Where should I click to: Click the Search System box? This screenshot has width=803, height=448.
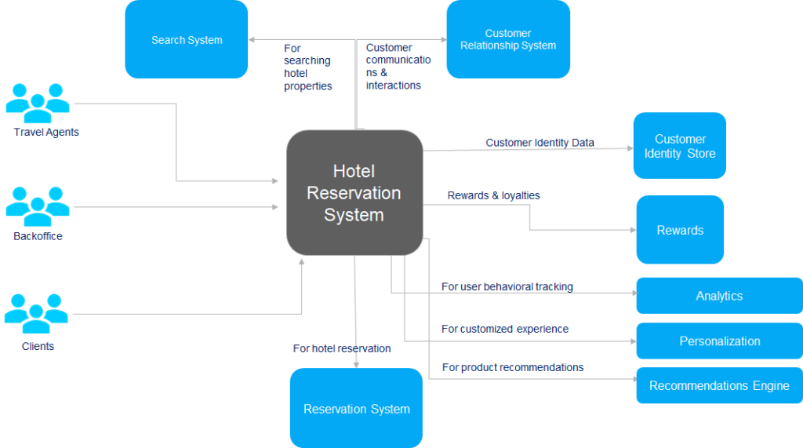(187, 39)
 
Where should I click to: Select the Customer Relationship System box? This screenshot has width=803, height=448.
(508, 39)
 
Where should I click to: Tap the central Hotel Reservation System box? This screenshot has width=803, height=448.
(354, 193)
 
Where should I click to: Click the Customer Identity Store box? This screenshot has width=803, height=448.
(680, 146)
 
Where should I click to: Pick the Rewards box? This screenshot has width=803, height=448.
(680, 230)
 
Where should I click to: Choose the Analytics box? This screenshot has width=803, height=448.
(719, 296)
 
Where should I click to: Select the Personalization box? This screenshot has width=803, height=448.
(719, 341)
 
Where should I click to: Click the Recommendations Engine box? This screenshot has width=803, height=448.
(719, 386)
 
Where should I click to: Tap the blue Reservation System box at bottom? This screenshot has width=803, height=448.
(356, 408)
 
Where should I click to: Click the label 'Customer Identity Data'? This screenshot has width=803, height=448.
(540, 143)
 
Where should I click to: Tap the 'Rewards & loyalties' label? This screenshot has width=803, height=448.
(493, 195)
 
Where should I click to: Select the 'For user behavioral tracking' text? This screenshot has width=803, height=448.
(507, 287)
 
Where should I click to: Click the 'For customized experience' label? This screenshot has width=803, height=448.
(504, 330)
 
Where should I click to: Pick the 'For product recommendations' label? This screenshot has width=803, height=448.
(512, 367)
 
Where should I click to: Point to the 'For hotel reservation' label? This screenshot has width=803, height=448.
(341, 348)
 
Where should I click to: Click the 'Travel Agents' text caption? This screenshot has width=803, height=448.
(46, 133)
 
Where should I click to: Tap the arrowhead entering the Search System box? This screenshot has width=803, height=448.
(252, 39)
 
